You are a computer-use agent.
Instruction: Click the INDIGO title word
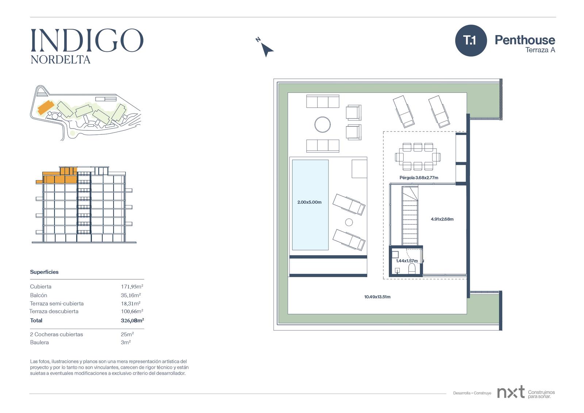pyautogui.click(x=87, y=40)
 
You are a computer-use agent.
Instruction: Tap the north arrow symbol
pyautogui.click(x=266, y=49)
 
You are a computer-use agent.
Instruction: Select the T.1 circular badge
pyautogui.click(x=471, y=41)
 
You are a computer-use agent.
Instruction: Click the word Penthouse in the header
pyautogui.click(x=525, y=40)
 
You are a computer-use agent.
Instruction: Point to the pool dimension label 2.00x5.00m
pyautogui.click(x=309, y=202)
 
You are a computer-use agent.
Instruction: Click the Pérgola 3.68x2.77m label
pyautogui.click(x=419, y=178)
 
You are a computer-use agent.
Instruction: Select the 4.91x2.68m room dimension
pyautogui.click(x=442, y=219)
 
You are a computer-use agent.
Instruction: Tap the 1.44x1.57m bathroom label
pyautogui.click(x=407, y=261)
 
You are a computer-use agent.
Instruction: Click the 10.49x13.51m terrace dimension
pyautogui.click(x=377, y=297)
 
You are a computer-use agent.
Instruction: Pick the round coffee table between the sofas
pyautogui.click(x=323, y=125)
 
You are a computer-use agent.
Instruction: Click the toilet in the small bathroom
pyautogui.click(x=412, y=269)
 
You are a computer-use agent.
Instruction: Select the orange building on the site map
pyautogui.click(x=46, y=107)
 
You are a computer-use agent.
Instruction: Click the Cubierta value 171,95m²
pyautogui.click(x=132, y=286)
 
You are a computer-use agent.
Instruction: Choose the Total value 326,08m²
pyautogui.click(x=132, y=320)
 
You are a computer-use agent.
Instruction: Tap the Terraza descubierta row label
pyautogui.click(x=54, y=311)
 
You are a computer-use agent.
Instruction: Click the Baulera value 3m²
pyautogui.click(x=126, y=342)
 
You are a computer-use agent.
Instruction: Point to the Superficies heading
pyautogui.click(x=44, y=272)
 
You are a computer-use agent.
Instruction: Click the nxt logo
pyautogui.click(x=511, y=392)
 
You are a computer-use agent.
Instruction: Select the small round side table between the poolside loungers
pyautogui.click(x=349, y=222)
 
